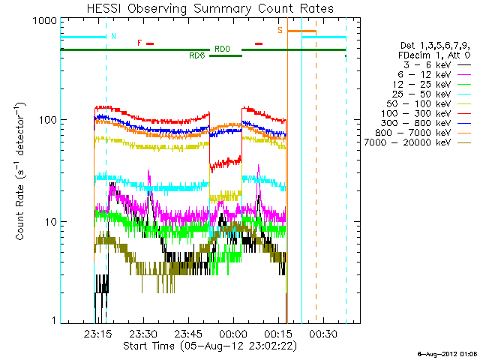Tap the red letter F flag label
139,43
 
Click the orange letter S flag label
280,31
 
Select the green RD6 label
197,55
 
